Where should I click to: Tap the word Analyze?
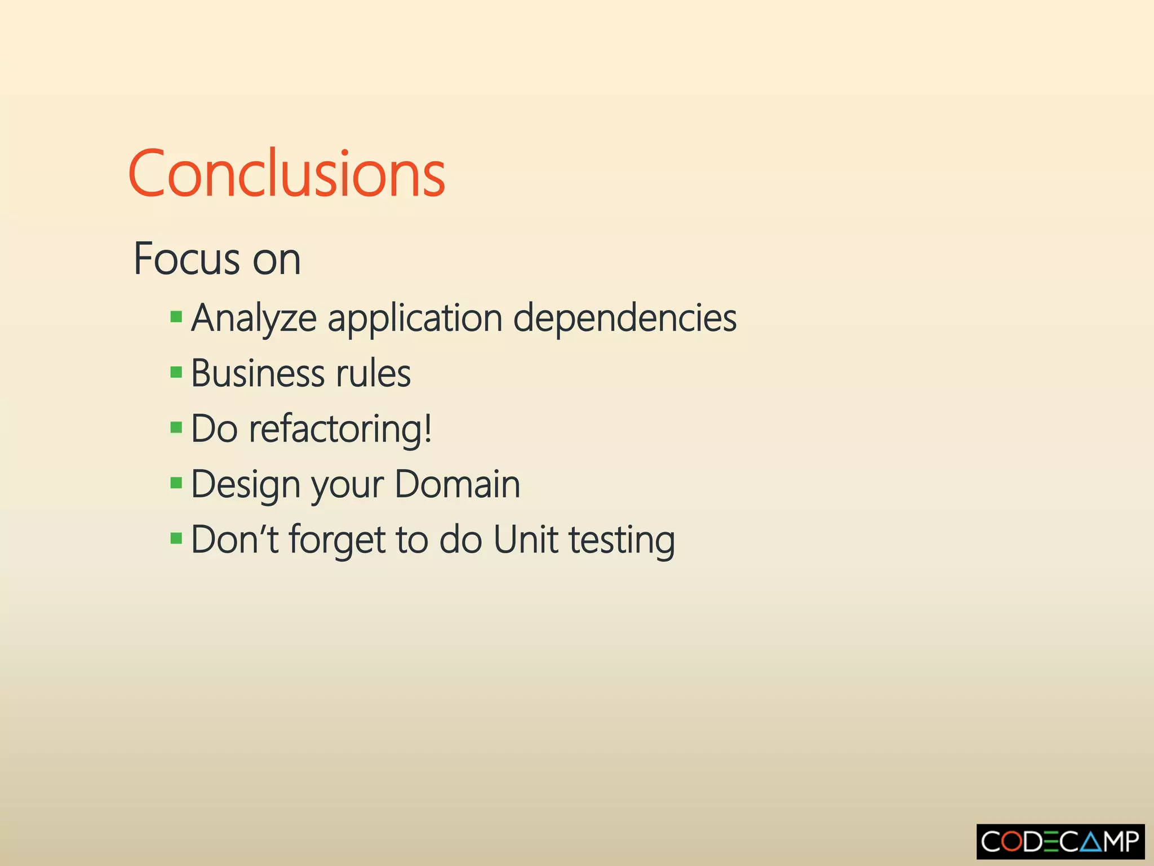pos(254,318)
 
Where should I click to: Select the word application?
pos(415,318)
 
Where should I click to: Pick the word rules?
pos(373,373)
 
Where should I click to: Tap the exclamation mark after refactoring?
pos(428,428)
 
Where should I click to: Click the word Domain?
pos(457,484)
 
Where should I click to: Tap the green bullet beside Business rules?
pos(176,372)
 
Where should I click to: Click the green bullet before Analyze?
pos(176,316)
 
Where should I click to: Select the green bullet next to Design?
pos(176,483)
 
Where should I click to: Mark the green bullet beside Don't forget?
pos(176,538)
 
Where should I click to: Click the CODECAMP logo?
pos(1060,842)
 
